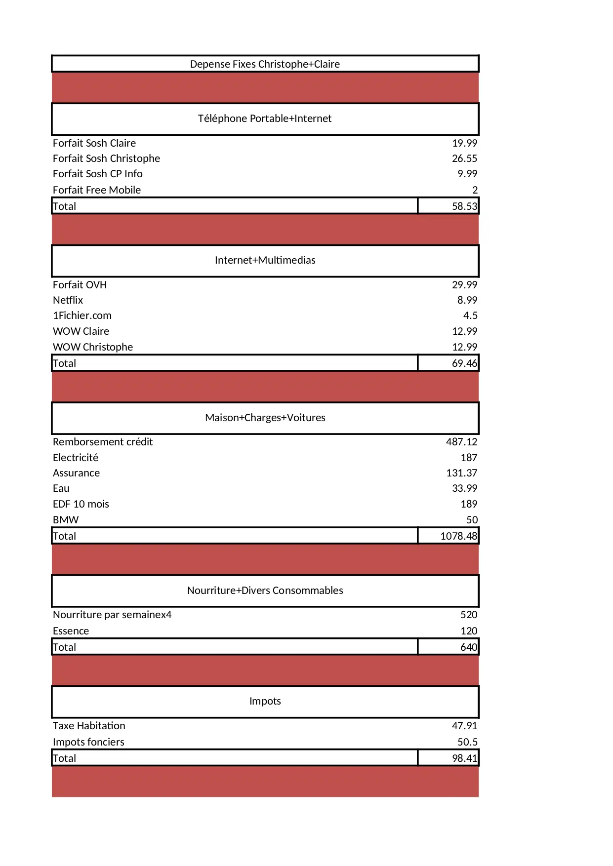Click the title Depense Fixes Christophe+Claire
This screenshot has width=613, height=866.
click(x=265, y=64)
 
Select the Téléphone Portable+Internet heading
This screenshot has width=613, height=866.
click(x=265, y=118)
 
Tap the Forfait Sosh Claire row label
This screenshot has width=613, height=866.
click(x=94, y=143)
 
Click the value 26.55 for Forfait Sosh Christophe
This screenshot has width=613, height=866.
click(x=464, y=158)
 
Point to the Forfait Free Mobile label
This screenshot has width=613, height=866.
click(x=97, y=190)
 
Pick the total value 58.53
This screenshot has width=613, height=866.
click(x=464, y=206)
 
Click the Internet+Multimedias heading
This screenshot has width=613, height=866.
click(x=265, y=260)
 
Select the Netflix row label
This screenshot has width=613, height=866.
click(x=68, y=300)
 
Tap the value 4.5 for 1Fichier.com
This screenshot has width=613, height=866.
click(x=470, y=315)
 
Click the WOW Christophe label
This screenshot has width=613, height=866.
click(x=93, y=347)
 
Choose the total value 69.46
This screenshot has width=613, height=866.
click(x=464, y=363)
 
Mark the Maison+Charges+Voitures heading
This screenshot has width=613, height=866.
click(x=265, y=418)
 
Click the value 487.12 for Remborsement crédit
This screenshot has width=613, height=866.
click(x=461, y=442)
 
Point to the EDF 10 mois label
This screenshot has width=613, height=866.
click(x=81, y=504)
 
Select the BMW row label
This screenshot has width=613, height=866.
click(x=66, y=520)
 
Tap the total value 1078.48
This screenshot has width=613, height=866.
click(x=458, y=536)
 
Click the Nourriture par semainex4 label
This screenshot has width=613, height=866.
click(x=112, y=615)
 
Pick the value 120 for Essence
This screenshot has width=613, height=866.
click(x=469, y=631)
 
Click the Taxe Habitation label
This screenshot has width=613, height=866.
click(x=89, y=726)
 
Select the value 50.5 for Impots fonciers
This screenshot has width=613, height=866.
click(x=467, y=742)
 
